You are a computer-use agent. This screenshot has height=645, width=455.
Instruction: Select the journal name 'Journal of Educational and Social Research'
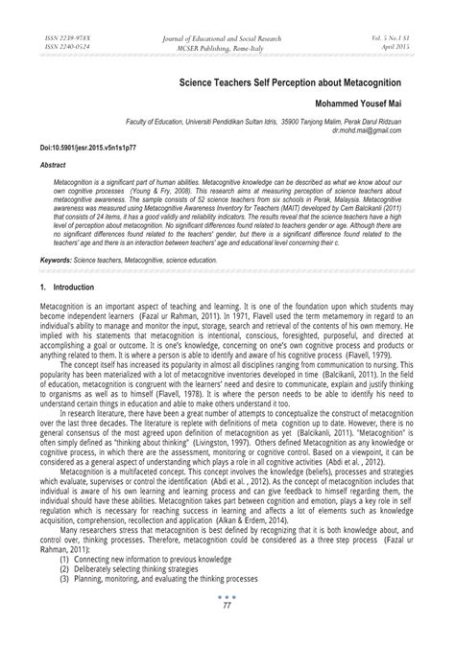[227, 35]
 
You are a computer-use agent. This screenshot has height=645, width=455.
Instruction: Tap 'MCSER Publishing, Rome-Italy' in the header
[227, 44]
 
